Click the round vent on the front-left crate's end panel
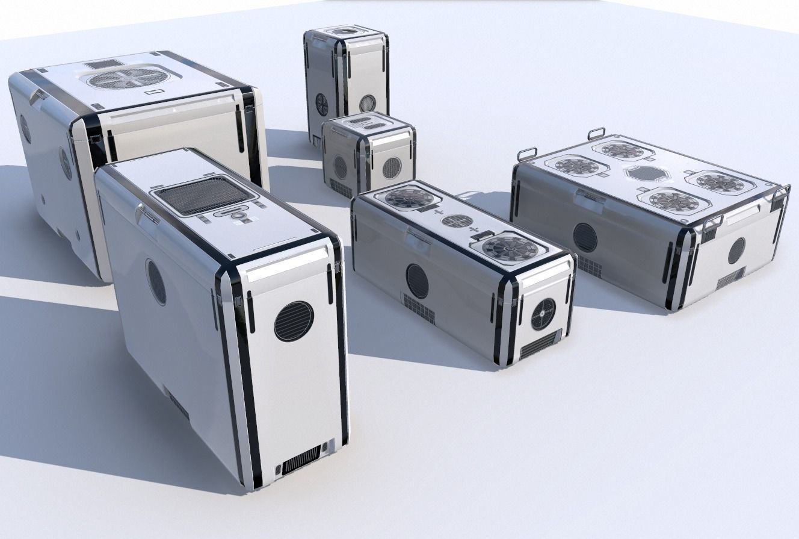pos(294,321)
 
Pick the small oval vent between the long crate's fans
pos(457,221)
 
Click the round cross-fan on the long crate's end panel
pos(543,314)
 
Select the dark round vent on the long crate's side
pos(418,281)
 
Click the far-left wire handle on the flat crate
pos(526,152)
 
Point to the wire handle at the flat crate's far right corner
pos(782,192)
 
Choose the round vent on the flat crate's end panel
pos(736,251)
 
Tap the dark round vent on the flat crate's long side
pos(585,237)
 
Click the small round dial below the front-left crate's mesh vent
pos(239,214)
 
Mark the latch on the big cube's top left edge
pos(38,96)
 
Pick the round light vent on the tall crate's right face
pos(368,103)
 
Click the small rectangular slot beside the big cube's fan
pos(153,92)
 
